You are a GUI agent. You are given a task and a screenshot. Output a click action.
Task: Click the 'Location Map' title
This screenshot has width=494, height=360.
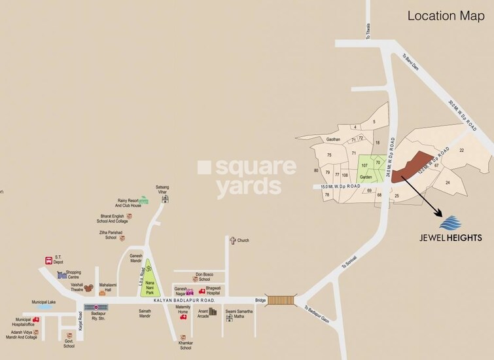pyautogui.click(x=446, y=15)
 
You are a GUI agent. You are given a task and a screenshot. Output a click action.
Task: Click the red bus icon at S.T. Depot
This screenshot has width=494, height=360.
pyautogui.click(x=48, y=261)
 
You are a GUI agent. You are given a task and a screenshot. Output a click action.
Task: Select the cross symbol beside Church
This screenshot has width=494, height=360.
pyautogui.click(x=232, y=241)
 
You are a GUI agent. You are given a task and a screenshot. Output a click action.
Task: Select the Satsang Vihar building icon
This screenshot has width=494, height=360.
pyautogui.click(x=166, y=198)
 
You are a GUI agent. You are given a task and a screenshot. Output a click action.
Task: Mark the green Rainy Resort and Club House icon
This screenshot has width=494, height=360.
pyautogui.click(x=143, y=199)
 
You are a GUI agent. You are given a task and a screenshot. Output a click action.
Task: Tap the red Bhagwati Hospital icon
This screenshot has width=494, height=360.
pyautogui.click(x=202, y=291)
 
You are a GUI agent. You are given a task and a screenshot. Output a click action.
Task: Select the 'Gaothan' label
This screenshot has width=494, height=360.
pyautogui.click(x=334, y=139)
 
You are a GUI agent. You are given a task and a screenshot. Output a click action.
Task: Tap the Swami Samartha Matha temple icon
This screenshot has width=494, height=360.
pyautogui.click(x=230, y=318)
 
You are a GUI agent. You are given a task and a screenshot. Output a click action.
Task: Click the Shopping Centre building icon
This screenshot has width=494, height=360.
pyautogui.click(x=62, y=276)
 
